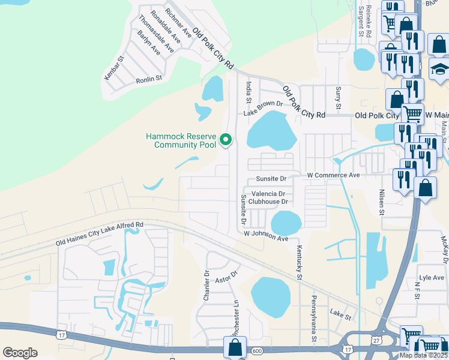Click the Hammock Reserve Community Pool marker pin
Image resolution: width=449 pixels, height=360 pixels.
(226, 140)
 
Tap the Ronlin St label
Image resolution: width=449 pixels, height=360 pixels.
(149, 79)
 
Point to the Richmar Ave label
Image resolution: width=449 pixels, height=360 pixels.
(178, 22)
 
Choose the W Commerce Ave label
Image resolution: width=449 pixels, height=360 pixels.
(333, 175)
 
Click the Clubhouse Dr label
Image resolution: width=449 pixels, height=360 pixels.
(268, 202)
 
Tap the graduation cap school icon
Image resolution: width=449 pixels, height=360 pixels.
(439, 70)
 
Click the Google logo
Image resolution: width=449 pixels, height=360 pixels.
(20, 353)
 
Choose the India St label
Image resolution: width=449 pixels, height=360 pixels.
(248, 92)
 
